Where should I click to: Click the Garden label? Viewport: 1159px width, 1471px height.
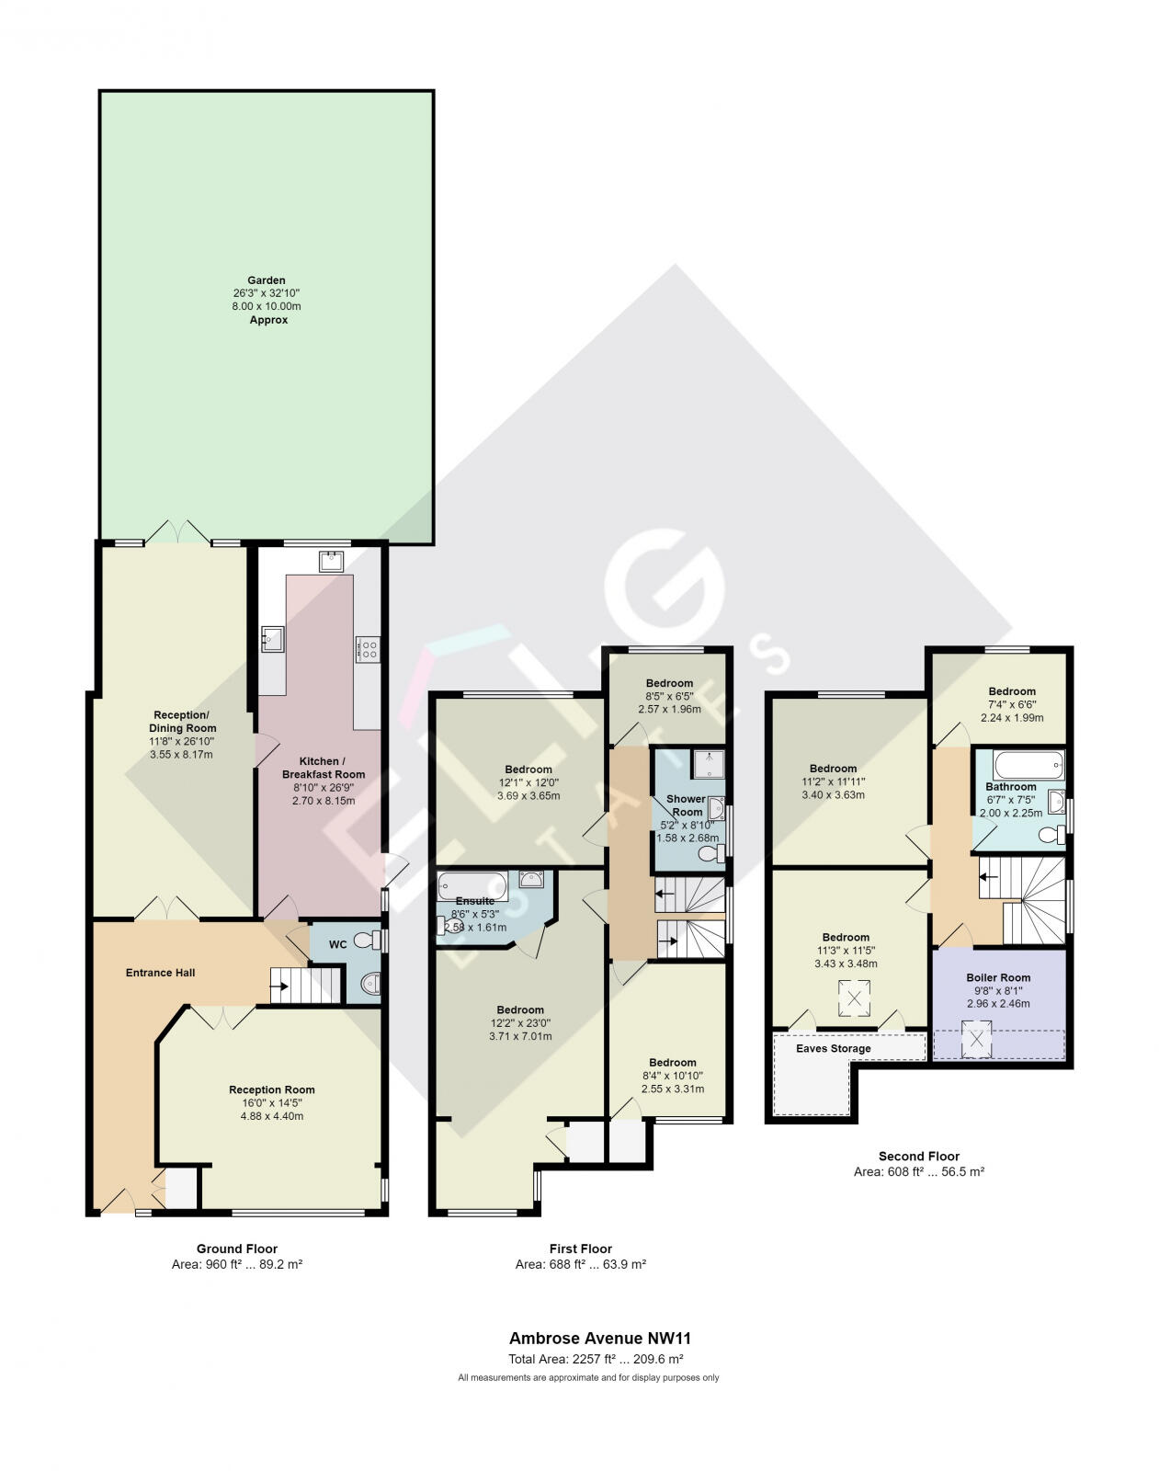click(x=266, y=280)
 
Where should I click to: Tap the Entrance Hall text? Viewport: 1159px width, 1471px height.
click(x=160, y=973)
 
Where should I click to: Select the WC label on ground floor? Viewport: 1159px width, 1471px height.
click(x=337, y=944)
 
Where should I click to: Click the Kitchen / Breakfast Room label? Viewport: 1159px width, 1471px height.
click(x=323, y=768)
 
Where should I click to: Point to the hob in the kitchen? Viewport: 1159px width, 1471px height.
click(x=368, y=650)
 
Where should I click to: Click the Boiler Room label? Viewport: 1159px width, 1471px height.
click(x=998, y=977)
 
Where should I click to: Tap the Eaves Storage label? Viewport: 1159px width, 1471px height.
click(x=833, y=1048)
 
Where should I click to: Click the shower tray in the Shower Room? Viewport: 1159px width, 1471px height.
click(x=709, y=764)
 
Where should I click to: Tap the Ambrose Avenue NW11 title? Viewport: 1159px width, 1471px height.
click(x=598, y=1339)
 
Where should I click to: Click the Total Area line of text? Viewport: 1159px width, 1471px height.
click(x=596, y=1359)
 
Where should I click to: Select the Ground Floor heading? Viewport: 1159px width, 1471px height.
click(x=236, y=1249)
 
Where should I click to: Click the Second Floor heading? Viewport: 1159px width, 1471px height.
click(x=918, y=1157)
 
